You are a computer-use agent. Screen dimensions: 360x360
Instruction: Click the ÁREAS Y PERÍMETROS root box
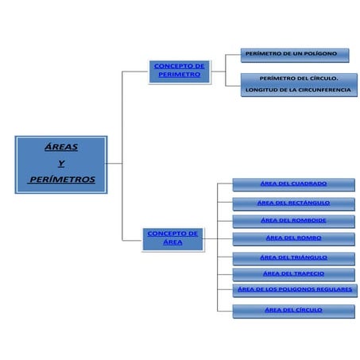pyautogui.click(x=61, y=164)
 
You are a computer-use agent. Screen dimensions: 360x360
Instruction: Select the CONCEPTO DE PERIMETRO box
pyautogui.click(x=179, y=70)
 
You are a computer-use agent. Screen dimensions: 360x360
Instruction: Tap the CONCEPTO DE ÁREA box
pyautogui.click(x=172, y=238)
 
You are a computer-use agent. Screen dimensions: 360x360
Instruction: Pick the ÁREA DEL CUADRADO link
pyautogui.click(x=293, y=184)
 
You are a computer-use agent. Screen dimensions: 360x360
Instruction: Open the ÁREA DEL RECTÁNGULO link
pyautogui.click(x=293, y=203)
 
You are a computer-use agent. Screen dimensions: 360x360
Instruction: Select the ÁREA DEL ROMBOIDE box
pyautogui.click(x=293, y=220)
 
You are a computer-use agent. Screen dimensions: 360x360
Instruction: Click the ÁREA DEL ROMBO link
pyautogui.click(x=293, y=238)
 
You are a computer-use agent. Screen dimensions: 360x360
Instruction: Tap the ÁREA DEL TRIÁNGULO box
pyautogui.click(x=293, y=257)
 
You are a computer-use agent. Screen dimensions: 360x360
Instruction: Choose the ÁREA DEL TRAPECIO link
pyautogui.click(x=293, y=273)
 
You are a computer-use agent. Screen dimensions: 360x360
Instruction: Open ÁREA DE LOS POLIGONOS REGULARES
pyautogui.click(x=295, y=289)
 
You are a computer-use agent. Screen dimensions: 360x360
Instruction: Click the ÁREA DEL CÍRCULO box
pyautogui.click(x=293, y=310)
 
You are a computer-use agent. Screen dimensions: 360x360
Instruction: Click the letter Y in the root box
pyautogui.click(x=61, y=164)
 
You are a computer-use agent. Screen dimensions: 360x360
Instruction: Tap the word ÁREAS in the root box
pyautogui.click(x=61, y=148)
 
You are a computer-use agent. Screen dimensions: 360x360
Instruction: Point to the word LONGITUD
pyautogui.click(x=260, y=90)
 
